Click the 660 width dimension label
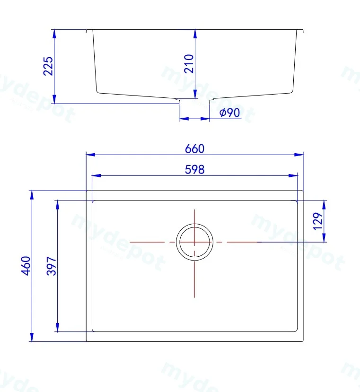point(194,148)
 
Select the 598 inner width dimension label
point(194,169)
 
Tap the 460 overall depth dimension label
point(26,266)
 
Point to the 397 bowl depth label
point(52,266)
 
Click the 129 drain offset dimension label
point(318,221)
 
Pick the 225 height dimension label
point(48,66)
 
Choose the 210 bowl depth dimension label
point(189,64)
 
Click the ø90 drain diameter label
point(229,113)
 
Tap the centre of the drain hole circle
point(194,242)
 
